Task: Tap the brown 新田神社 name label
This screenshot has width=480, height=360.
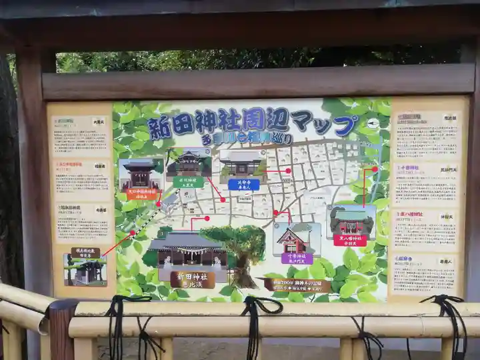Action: coord(192,279)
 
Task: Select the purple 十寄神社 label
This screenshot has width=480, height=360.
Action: coord(297,259)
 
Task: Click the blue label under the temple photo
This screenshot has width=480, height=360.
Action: coord(243,185)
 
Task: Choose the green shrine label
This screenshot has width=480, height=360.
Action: coord(189,182)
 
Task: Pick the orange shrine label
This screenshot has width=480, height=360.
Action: coord(142,194)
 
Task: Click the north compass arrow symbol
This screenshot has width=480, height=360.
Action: coord(373,123)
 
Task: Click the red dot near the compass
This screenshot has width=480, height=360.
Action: coord(375,169)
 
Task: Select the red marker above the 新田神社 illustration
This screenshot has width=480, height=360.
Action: coord(207,218)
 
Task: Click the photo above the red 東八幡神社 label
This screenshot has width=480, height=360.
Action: coord(352,220)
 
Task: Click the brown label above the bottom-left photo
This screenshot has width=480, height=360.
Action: coord(85,253)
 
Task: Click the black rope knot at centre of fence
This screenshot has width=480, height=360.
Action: coord(253,308)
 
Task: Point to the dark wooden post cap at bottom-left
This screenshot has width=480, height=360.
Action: coord(63,307)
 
